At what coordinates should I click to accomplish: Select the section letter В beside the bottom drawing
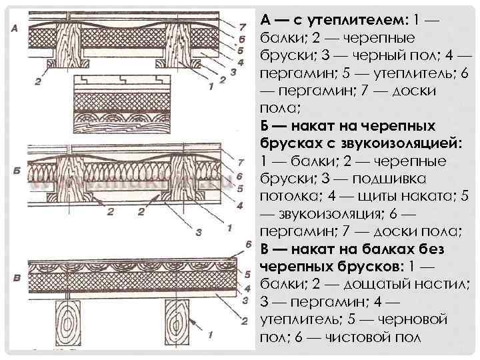coord(15,277)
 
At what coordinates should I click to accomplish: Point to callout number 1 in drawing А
coord(211,86)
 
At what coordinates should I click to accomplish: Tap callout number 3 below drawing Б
coord(199,232)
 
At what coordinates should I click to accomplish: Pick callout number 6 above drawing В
coord(247,244)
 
